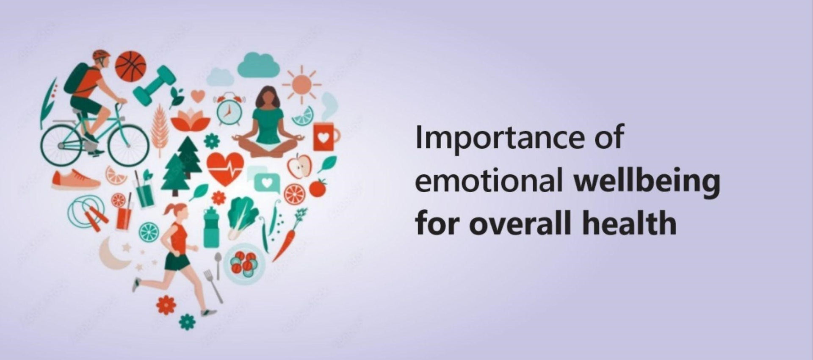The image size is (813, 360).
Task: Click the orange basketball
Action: pos(131,66)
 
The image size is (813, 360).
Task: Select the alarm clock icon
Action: pos(229,109)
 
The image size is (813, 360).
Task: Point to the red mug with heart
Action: pos(325,137)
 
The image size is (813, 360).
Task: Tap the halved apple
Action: pos(299,166)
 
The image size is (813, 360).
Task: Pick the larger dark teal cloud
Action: pos(258,64)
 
